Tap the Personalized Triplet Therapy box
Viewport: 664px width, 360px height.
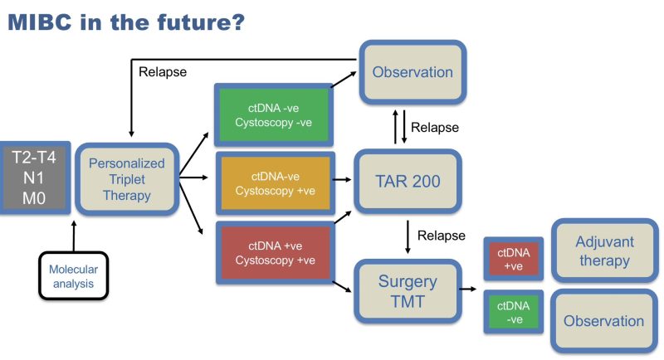coord(126,178)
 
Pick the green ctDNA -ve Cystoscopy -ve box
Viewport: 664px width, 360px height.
coord(273,115)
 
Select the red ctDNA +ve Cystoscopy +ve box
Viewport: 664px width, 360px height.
coord(273,252)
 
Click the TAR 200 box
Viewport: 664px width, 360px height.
coord(408,179)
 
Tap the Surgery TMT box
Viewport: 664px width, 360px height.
coord(408,290)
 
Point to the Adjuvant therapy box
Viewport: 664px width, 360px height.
coord(603,251)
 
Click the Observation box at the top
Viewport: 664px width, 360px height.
coord(413,72)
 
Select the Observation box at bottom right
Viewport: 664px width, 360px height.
coord(603,321)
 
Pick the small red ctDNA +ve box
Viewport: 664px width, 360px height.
coord(513,257)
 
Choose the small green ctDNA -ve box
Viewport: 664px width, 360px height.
coord(513,313)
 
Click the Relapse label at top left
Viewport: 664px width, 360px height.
coord(163,71)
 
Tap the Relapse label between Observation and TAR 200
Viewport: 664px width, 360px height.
coord(435,128)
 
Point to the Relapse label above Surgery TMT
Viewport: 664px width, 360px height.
coord(442,236)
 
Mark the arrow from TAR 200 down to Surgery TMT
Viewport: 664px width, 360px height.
coord(408,236)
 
